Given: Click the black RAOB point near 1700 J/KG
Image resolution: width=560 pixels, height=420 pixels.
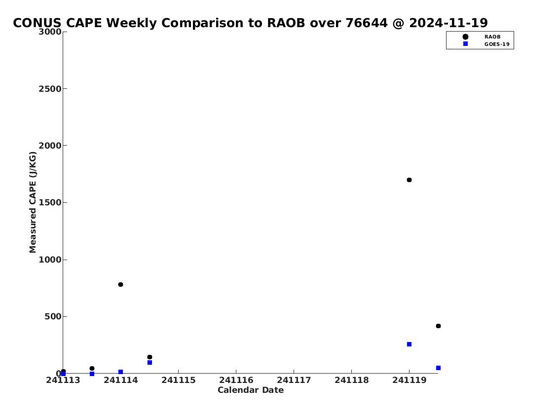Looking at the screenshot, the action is pos(410,180).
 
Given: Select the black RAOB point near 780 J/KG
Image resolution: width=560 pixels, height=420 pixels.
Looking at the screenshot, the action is pos(121,285).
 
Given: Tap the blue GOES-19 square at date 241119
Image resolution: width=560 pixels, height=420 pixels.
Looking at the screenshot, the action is pos(410,344).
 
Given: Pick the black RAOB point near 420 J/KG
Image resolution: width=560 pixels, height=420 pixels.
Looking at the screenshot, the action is pos(438,326).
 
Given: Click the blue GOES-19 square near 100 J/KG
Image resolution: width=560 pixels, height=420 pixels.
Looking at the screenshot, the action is pos(149,362).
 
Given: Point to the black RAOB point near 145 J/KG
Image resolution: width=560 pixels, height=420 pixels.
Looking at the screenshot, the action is pos(149,357).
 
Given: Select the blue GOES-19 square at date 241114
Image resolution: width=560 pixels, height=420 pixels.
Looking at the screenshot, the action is pos(121,372).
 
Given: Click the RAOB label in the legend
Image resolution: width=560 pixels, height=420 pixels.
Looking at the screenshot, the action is pos(492,37).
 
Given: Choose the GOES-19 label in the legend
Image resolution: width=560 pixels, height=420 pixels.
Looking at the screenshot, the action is pos(497,44).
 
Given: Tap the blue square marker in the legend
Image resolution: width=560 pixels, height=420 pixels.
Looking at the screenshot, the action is pos(465,43).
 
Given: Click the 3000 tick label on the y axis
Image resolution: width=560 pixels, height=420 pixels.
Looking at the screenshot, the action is pos(50,32).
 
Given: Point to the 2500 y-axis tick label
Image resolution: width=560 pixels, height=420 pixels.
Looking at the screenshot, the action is pos(50,89).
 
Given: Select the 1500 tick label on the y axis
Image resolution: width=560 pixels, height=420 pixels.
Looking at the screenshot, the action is pos(50,203).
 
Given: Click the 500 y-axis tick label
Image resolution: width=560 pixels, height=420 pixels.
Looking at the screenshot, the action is pos(53,317).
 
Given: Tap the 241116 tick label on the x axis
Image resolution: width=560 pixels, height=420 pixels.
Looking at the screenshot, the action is pos(236,381).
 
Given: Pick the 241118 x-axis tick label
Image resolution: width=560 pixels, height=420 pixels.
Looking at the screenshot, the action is pos(351,381).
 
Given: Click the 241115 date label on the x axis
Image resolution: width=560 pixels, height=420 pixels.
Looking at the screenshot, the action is pos(179,381).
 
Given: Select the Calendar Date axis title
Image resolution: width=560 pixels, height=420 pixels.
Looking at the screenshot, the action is pos(251,390).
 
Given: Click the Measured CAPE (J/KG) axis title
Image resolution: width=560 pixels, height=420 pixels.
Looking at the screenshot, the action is pos(33,202).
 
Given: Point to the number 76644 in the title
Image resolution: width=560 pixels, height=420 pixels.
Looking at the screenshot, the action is pos(367,23).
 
